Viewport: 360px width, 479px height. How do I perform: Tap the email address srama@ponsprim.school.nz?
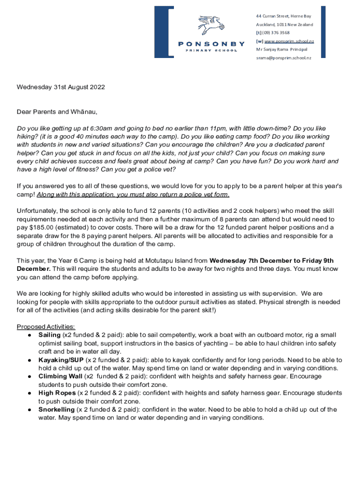pyautogui.click(x=283, y=58)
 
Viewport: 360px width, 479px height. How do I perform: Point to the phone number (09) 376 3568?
pyautogui.click(x=276, y=33)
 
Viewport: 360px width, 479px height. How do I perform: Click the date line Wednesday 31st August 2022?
pyautogui.click(x=61, y=87)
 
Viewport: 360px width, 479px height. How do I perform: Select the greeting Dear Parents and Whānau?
pyautogui.click(x=57, y=112)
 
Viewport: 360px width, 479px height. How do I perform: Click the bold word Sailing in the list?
pyautogui.click(x=50, y=335)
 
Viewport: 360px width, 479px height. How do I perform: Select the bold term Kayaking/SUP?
pyautogui.click(x=60, y=360)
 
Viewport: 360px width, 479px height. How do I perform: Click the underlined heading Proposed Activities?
pyautogui.click(x=46, y=327)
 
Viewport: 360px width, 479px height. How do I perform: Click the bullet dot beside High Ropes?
pyautogui.click(x=29, y=393)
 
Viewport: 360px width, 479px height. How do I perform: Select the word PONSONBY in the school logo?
pyautogui.click(x=211, y=44)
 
